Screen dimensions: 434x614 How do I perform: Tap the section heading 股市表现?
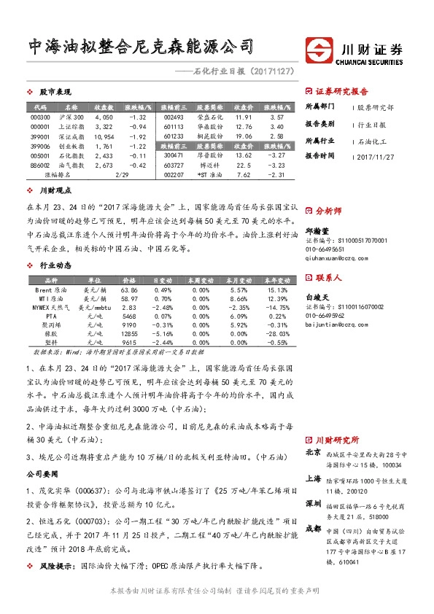[55, 93]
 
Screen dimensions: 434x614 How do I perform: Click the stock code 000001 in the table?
[41, 126]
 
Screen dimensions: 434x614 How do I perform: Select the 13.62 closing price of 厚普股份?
[244, 155]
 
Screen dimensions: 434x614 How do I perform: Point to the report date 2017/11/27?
[377, 156]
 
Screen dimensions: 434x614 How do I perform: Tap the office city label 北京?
[314, 453]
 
